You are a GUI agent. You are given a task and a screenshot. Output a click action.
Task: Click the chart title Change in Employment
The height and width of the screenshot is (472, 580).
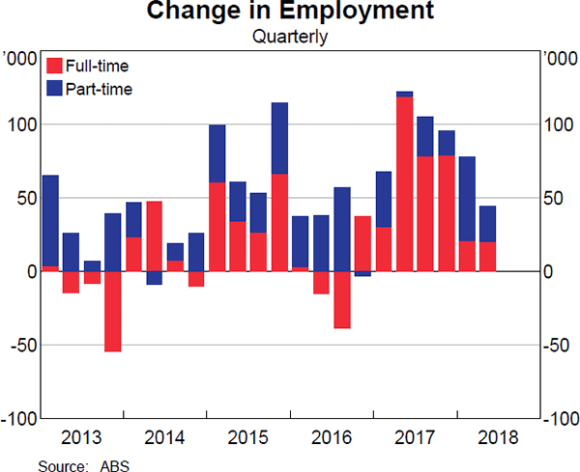coord(290,14)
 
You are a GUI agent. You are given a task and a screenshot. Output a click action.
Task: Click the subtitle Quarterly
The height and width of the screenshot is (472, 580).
coord(290,38)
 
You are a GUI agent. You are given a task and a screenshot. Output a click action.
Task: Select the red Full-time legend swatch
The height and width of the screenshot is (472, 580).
coord(53,66)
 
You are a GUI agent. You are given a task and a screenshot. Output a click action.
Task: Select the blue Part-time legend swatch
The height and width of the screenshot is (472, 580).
coord(53,89)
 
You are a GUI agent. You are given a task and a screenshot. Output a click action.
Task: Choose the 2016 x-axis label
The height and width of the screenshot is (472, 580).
coord(331,436)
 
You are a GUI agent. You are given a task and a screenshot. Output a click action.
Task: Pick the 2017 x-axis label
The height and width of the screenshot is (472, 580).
coord(414,436)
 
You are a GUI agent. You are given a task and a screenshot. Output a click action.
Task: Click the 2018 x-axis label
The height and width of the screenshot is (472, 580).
coord(497,436)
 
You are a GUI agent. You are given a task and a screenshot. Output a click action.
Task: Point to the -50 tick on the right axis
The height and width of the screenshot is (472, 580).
coord(557,346)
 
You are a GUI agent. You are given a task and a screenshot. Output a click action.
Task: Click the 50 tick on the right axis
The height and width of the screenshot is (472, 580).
coord(554,198)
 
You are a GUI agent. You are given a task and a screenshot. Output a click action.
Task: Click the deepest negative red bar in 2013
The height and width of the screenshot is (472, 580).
coord(113,311)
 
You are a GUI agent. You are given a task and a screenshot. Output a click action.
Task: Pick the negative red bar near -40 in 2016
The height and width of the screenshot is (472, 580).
coord(342,299)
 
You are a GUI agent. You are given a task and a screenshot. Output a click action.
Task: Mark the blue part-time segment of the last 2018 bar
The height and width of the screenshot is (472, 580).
coord(487,224)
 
